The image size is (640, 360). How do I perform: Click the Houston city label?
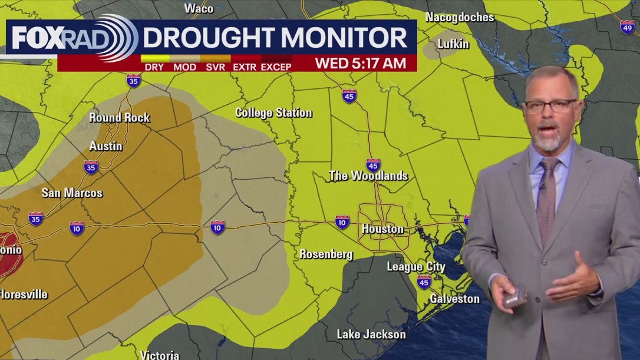click(382, 229)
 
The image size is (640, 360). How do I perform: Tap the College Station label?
click(273, 113)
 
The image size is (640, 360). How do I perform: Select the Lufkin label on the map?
click(453, 44)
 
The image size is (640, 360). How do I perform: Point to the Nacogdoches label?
click(460, 17)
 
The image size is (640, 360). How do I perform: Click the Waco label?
click(199, 8)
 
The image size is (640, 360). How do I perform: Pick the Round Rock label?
click(120, 118)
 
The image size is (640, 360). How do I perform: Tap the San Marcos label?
click(72, 193)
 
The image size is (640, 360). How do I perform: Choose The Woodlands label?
click(368, 176)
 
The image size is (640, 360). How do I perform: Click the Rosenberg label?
click(326, 255)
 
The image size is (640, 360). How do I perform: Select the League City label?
click(416, 267)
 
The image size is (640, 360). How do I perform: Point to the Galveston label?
click(454, 299)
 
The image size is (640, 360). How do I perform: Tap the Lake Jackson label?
click(371, 334)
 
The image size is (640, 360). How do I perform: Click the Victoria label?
click(160, 355)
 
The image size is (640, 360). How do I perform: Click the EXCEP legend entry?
click(276, 67)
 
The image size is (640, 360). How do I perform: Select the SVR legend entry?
click(216, 67)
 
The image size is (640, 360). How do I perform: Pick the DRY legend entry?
click(154, 67)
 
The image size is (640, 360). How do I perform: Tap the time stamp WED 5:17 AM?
click(360, 63)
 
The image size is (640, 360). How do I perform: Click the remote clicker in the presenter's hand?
click(514, 295)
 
